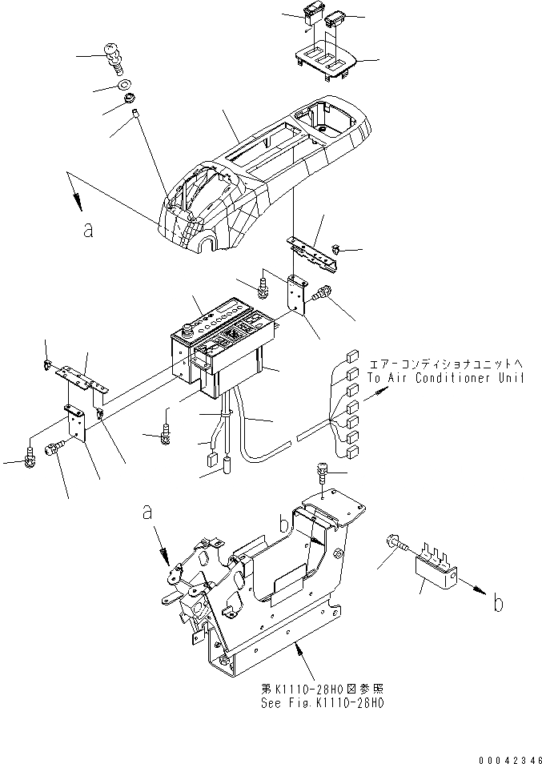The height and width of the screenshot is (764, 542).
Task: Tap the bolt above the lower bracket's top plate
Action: (322, 472)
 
